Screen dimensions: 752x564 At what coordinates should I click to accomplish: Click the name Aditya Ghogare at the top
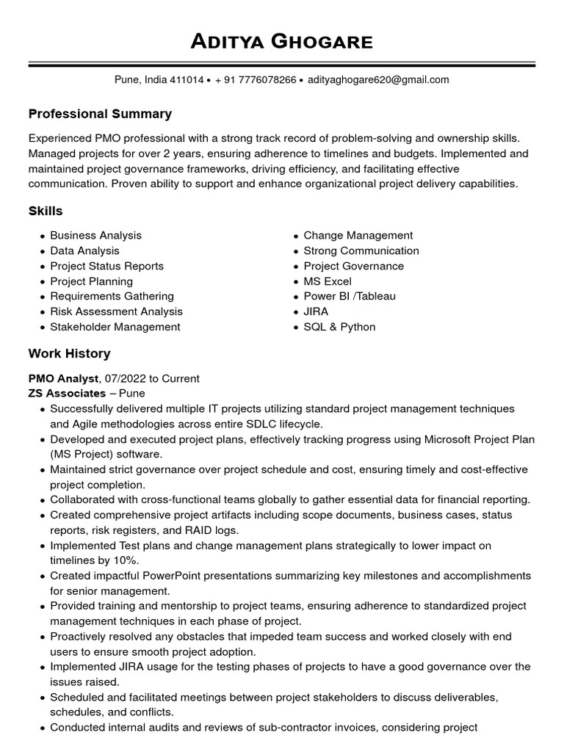tap(282, 42)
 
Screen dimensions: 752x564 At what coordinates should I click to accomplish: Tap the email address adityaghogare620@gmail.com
tap(378, 80)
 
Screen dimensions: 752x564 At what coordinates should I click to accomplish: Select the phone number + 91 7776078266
tap(256, 80)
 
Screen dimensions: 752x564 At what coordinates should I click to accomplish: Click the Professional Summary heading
tap(100, 114)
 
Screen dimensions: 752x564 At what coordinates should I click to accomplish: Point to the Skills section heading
tap(46, 211)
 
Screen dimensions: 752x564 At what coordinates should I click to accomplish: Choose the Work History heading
tap(69, 354)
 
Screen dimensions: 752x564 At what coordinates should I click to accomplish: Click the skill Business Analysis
tap(95, 236)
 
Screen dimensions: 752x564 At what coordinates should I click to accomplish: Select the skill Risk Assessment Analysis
tap(116, 312)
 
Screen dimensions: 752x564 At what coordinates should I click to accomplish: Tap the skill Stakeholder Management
tap(115, 328)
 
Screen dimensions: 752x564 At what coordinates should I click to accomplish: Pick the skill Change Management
tap(358, 236)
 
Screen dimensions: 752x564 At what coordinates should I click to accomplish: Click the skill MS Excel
tap(328, 282)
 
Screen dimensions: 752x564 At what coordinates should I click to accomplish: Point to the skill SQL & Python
tap(339, 328)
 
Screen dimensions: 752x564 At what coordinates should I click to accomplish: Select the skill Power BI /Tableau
tap(350, 297)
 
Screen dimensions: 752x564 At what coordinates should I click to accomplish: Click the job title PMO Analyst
tap(63, 379)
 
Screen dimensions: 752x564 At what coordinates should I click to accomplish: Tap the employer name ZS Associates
tap(67, 394)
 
